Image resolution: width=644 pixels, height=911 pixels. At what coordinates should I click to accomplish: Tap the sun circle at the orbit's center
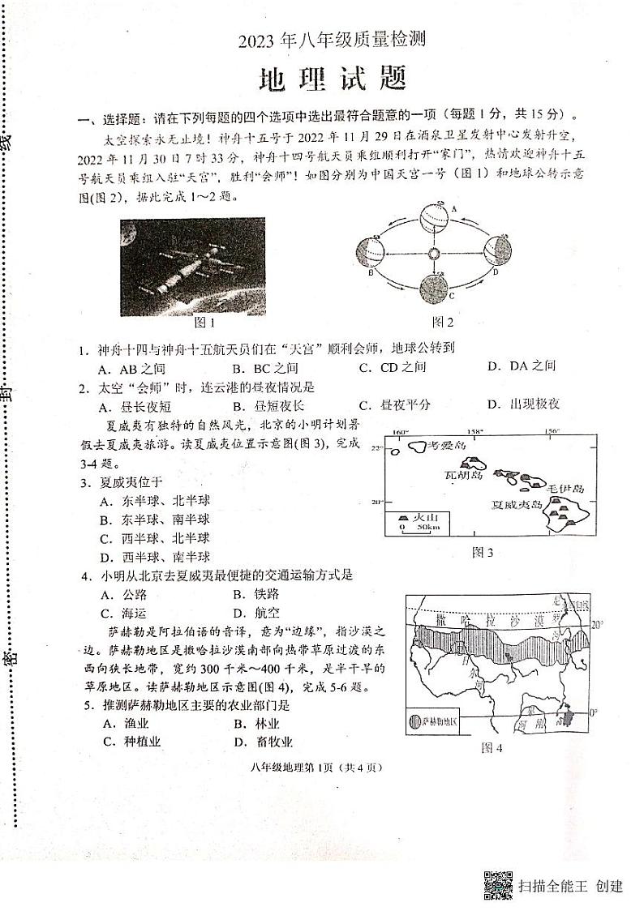[x=433, y=254]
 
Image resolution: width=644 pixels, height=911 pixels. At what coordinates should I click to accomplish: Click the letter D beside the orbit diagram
[x=494, y=273]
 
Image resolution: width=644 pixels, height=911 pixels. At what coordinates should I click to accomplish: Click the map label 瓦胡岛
[x=464, y=474]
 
